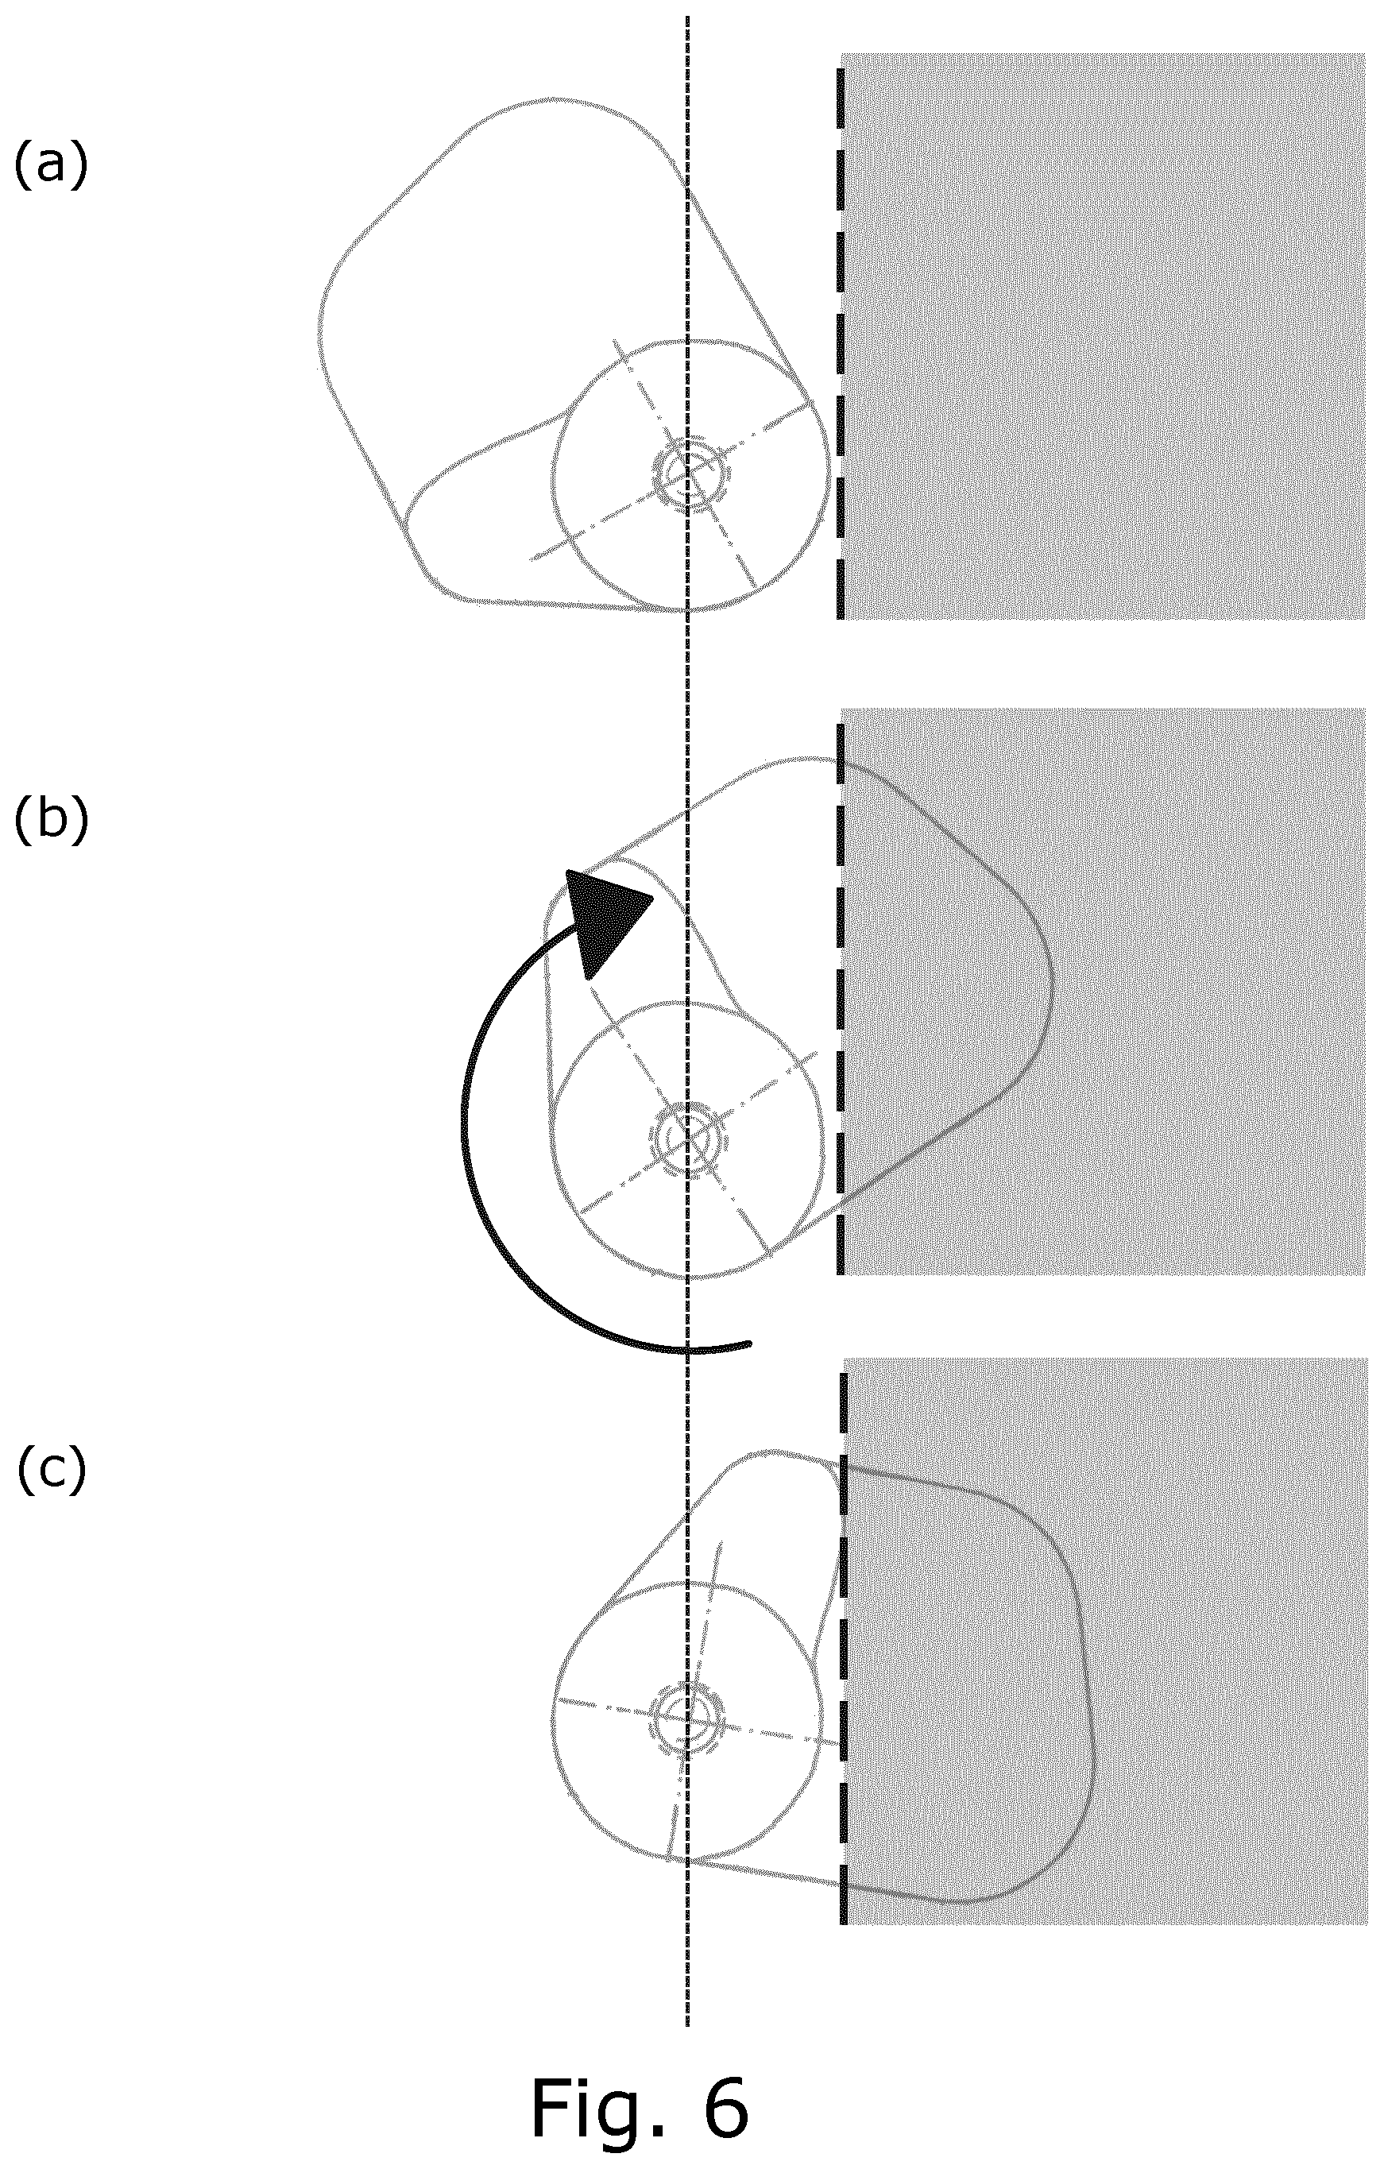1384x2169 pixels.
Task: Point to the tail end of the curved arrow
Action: click(x=749, y=1344)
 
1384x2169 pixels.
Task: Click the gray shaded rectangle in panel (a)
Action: click(x=1103, y=336)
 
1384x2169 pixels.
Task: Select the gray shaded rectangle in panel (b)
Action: click(x=1103, y=991)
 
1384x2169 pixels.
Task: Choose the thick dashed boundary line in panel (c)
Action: click(x=843, y=1649)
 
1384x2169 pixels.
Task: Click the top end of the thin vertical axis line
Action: click(x=688, y=16)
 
